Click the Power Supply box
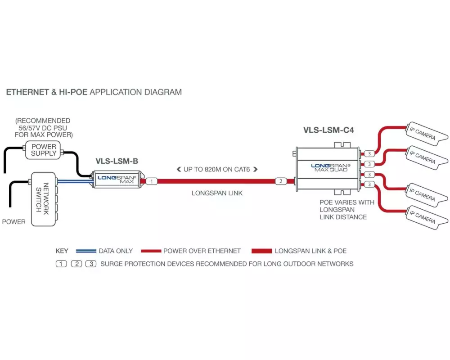coord(44,150)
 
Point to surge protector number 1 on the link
coord(152,181)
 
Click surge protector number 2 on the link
coord(280,181)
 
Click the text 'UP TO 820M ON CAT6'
coord(217,169)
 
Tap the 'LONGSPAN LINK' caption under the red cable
coord(217,193)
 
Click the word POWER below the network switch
coord(13,222)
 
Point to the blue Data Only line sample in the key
coord(86,251)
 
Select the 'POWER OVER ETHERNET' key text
coord(202,251)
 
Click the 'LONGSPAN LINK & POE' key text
coord(310,251)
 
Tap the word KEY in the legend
coord(62,251)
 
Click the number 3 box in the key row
coord(91,264)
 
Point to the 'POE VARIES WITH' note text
coord(346,202)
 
